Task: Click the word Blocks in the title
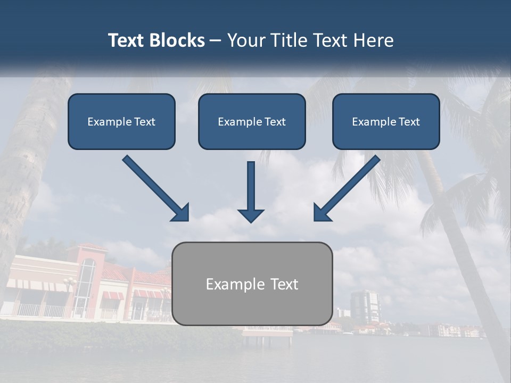[178, 40]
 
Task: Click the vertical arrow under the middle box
[251, 191]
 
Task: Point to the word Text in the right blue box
[409, 122]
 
